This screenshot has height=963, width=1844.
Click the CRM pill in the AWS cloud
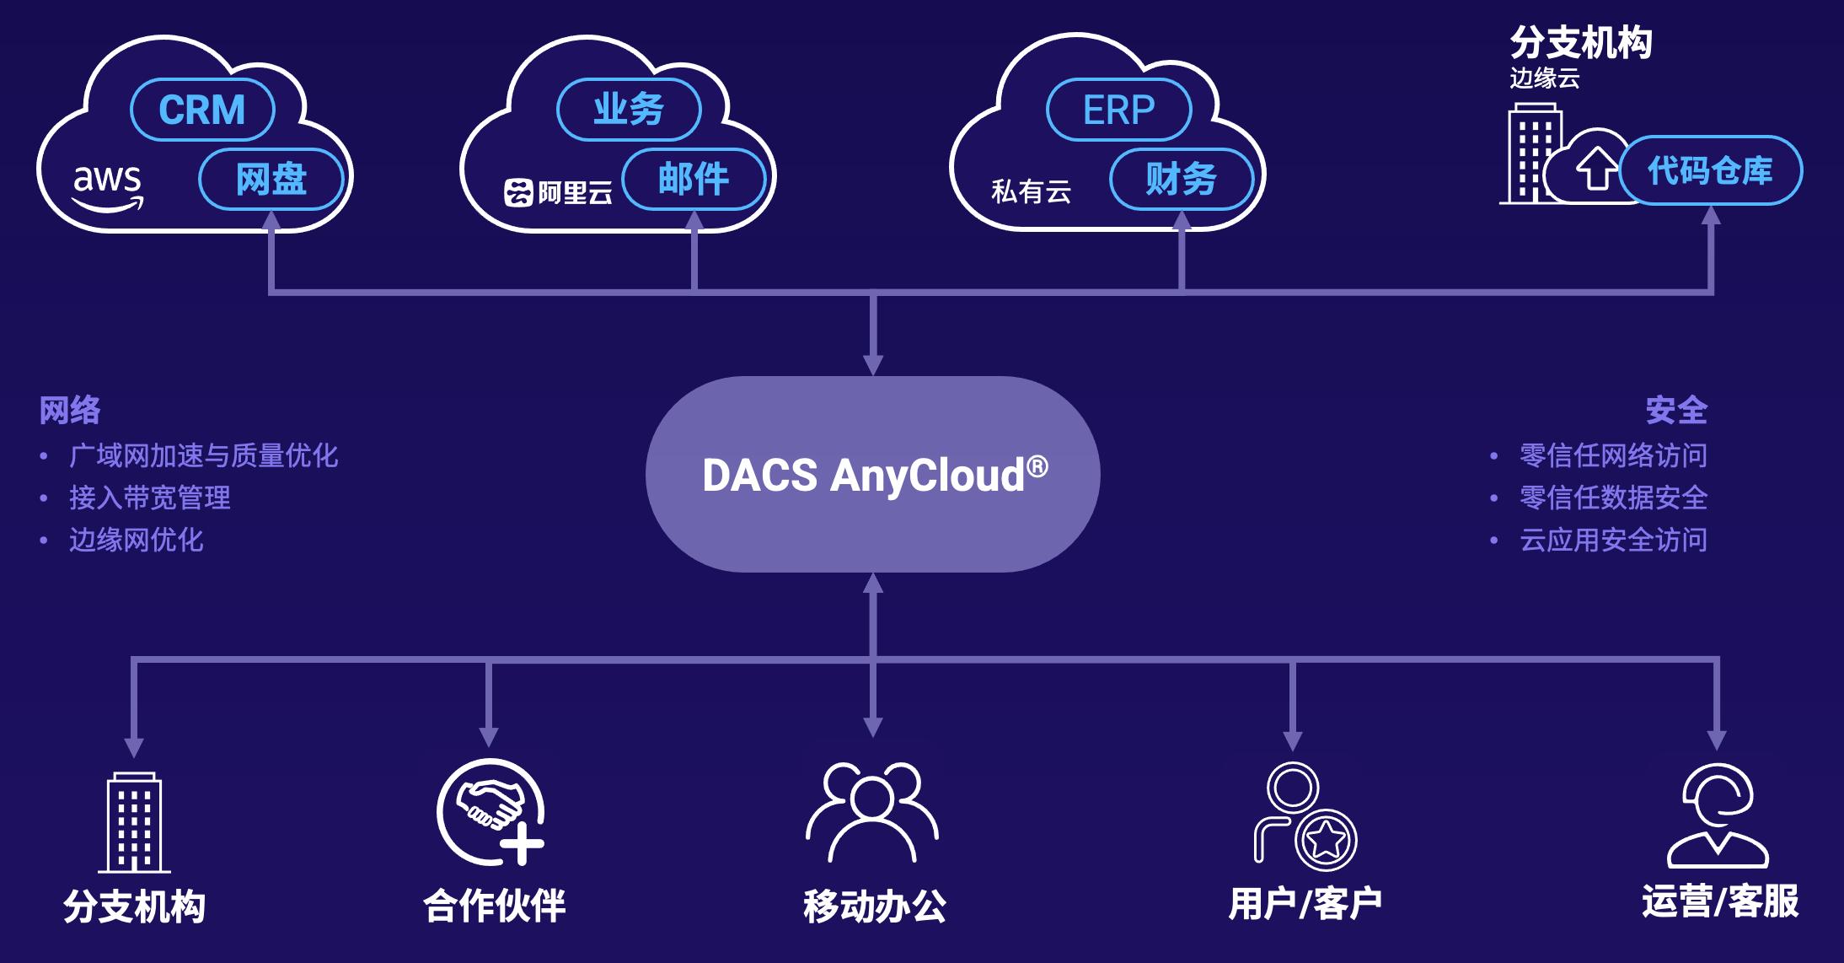click(x=202, y=110)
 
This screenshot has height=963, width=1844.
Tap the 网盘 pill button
click(x=271, y=179)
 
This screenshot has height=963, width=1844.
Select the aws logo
click(x=108, y=186)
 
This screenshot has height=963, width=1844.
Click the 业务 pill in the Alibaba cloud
click(x=629, y=110)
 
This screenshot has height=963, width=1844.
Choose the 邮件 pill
click(x=694, y=179)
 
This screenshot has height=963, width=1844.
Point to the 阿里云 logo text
click(x=559, y=193)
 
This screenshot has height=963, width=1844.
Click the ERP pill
click(x=1118, y=110)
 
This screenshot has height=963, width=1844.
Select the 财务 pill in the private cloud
click(x=1182, y=179)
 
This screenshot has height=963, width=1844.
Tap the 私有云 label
click(x=1031, y=192)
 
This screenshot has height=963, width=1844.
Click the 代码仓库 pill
click(x=1710, y=171)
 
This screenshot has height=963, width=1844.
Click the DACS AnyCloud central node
click(x=873, y=474)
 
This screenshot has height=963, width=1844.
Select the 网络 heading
click(x=70, y=411)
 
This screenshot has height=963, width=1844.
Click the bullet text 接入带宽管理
click(x=150, y=498)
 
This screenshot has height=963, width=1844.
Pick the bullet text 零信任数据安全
click(x=1613, y=498)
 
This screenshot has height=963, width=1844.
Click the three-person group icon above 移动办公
click(x=872, y=811)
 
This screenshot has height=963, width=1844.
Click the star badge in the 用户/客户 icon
click(x=1325, y=840)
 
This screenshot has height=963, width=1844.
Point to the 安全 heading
click(x=1676, y=411)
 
